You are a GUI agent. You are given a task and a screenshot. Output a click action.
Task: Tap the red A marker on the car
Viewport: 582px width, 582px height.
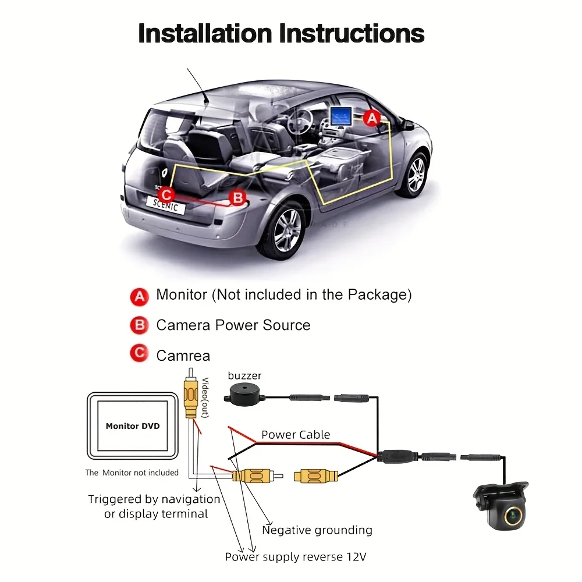point(372,119)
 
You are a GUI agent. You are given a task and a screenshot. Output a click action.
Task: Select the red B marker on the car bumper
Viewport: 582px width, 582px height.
point(237,198)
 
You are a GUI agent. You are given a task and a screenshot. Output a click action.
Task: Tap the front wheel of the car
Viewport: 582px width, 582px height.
point(416,173)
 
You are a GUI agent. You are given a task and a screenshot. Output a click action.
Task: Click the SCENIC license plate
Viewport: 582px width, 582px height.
point(166,204)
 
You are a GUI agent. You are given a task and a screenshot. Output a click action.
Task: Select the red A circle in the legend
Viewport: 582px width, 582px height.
point(139,296)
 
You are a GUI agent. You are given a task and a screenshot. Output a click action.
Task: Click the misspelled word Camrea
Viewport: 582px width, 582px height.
point(183,355)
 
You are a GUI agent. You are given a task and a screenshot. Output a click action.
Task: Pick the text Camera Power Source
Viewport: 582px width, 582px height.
point(233,325)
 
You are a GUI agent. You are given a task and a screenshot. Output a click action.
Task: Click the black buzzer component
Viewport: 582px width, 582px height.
point(245,396)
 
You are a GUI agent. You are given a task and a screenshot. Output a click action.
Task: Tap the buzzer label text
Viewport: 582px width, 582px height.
point(244,376)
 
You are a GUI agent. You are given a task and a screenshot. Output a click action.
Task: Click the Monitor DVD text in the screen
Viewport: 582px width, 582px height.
point(133,426)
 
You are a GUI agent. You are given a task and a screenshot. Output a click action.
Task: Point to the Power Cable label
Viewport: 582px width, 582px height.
point(296,435)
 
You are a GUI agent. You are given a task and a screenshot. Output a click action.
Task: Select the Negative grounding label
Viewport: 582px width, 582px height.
point(317,530)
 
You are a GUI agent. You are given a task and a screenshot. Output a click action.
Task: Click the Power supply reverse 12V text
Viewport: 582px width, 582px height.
point(296,557)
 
